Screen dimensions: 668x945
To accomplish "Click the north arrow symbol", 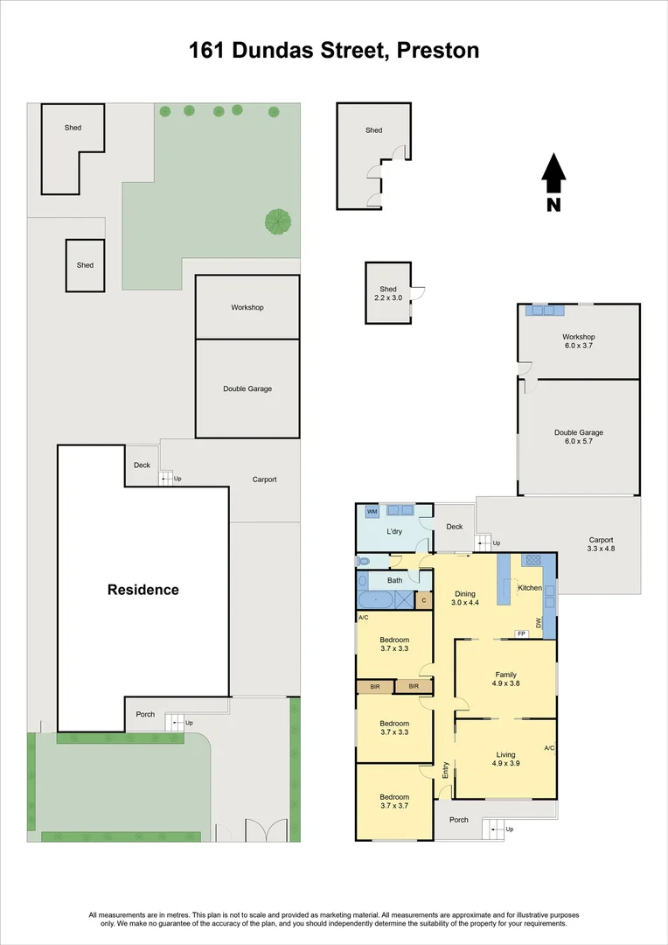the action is click(x=553, y=175).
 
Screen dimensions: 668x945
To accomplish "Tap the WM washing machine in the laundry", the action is click(x=372, y=512).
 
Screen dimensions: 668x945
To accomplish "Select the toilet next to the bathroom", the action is click(x=363, y=561).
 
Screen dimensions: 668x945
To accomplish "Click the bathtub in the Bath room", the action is click(x=376, y=600).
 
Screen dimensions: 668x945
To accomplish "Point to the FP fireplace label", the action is click(x=522, y=633).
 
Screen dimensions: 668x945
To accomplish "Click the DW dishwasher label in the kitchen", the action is click(x=539, y=623).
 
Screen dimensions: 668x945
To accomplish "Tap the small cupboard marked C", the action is click(x=424, y=600).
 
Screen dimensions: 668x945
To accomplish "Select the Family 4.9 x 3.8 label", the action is click(x=506, y=679).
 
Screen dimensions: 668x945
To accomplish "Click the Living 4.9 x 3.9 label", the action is click(x=506, y=759).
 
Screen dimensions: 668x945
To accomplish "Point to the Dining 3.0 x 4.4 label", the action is click(x=465, y=598).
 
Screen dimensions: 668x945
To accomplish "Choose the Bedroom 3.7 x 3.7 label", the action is click(x=394, y=801).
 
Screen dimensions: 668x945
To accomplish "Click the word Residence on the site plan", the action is click(x=143, y=590).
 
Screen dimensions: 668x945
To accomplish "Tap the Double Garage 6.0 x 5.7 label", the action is click(x=579, y=437).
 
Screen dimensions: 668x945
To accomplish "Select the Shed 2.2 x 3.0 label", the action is click(x=388, y=293).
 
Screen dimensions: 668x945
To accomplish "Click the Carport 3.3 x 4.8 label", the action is click(x=602, y=544).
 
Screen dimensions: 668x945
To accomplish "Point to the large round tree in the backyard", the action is click(x=278, y=221).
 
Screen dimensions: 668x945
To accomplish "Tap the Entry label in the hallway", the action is click(x=446, y=770).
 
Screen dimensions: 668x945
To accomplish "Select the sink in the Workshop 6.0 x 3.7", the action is click(x=545, y=310).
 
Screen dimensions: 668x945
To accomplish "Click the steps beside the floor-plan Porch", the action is click(x=494, y=829).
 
